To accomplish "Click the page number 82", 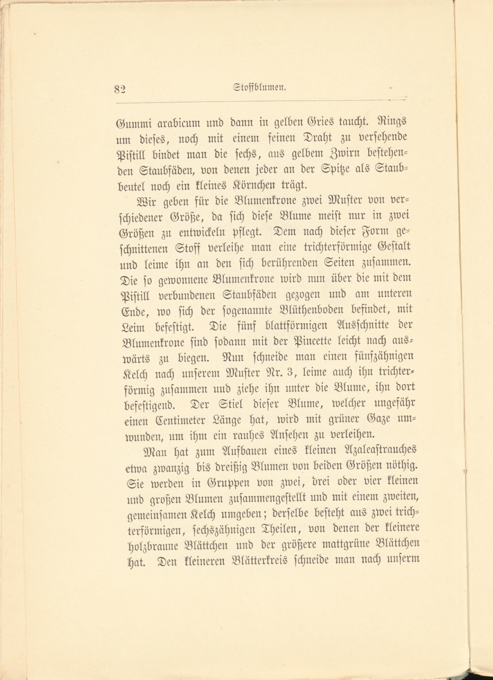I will [121, 89].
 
